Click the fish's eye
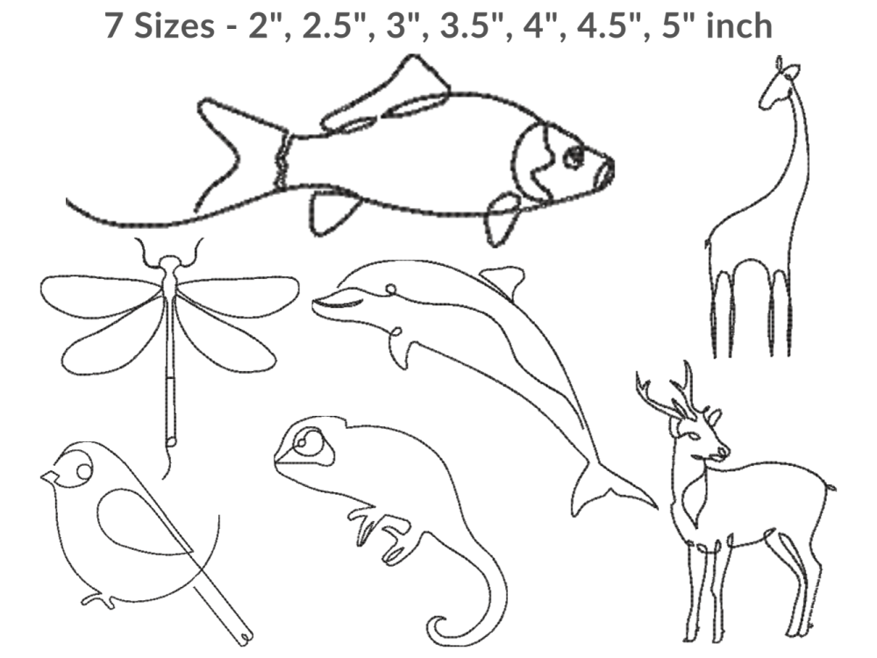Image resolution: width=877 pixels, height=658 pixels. point(573,157)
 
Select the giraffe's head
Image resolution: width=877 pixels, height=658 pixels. point(780,84)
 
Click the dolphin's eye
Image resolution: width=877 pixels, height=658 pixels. point(391,289)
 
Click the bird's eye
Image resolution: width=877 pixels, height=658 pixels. point(84,472)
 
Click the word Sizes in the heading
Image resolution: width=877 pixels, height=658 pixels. point(174,25)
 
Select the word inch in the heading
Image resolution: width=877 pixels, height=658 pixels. point(738,25)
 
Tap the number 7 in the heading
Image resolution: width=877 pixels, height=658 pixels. point(113,25)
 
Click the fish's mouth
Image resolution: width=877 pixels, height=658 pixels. point(605,171)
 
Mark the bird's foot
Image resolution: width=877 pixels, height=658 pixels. point(98,600)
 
